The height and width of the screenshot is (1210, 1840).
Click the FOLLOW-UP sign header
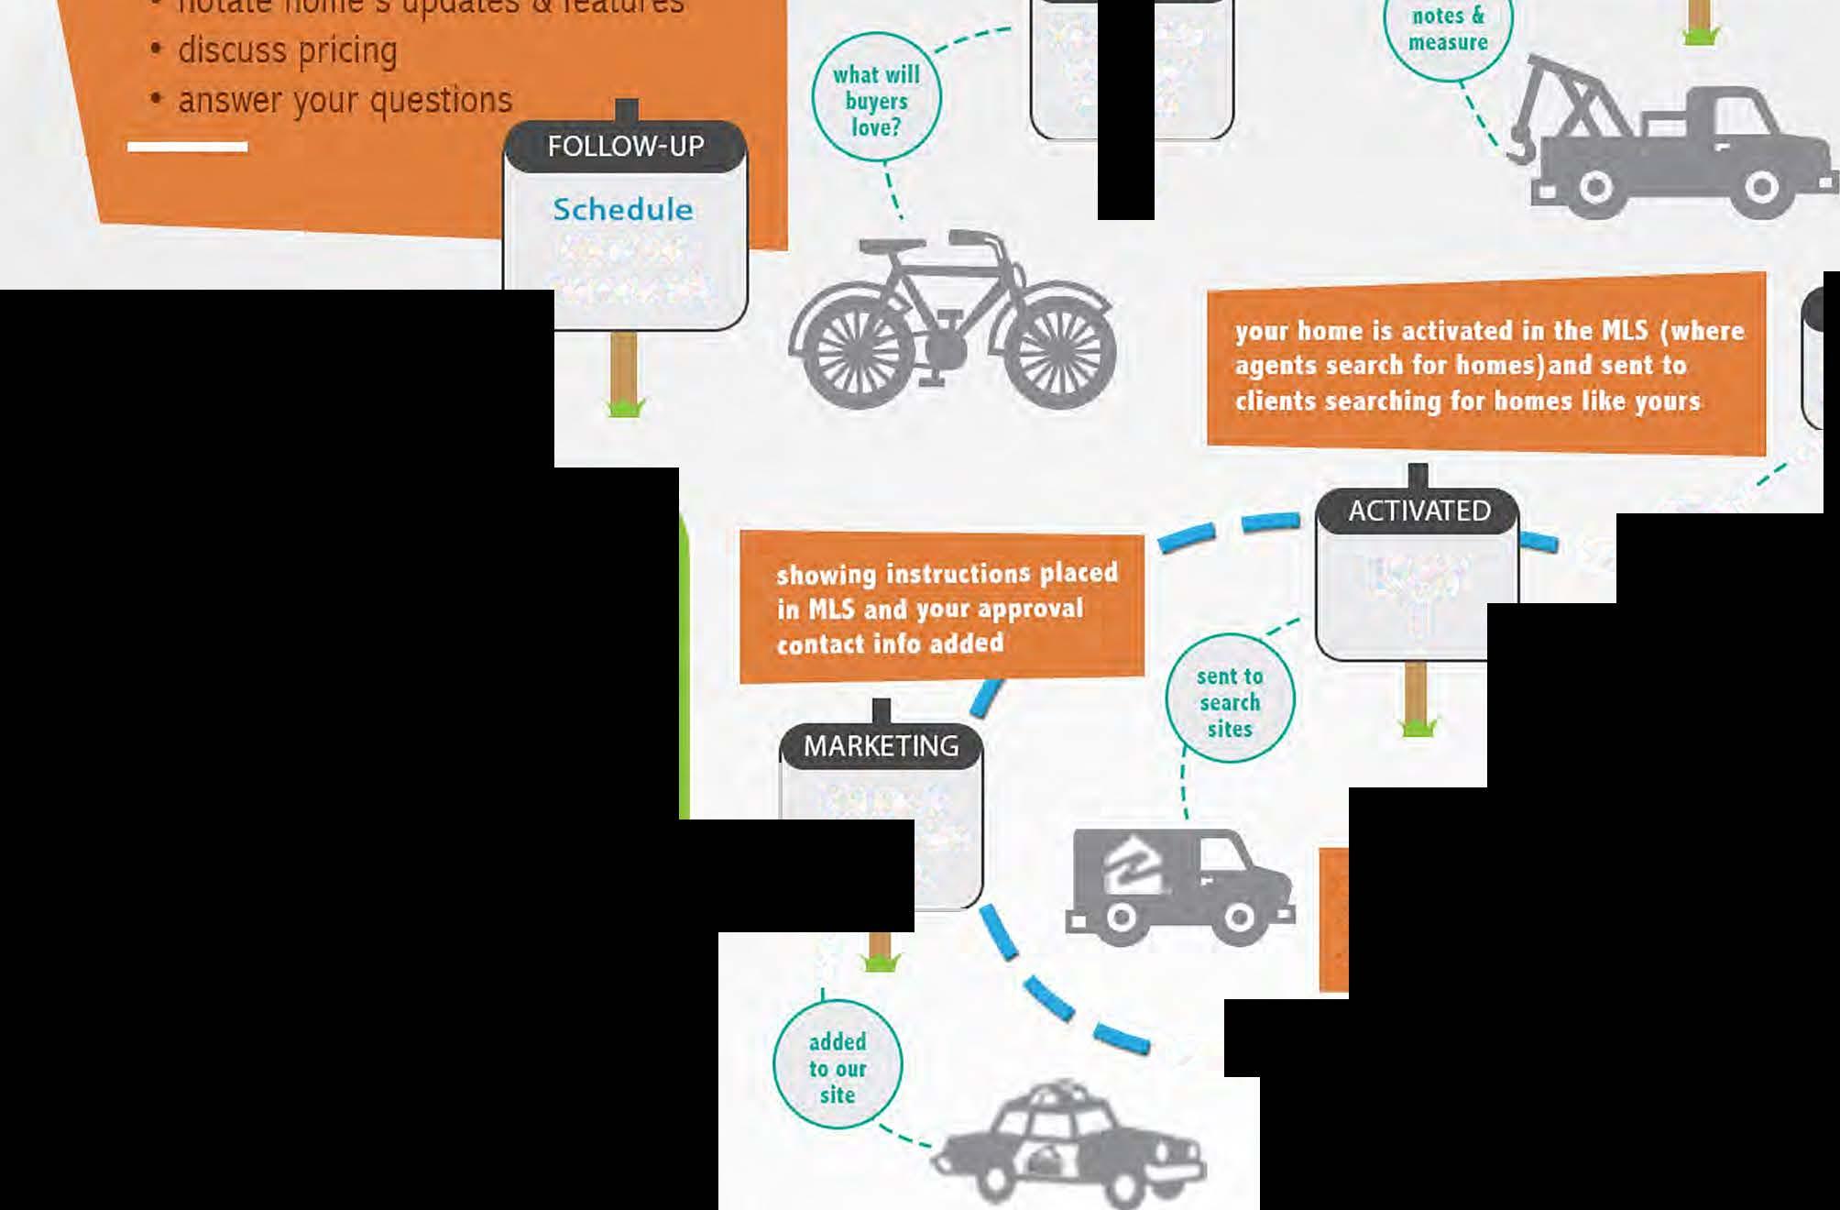[x=626, y=146]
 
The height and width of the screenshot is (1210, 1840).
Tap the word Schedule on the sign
[x=623, y=210]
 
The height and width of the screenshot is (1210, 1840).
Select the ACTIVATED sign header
[x=1418, y=511]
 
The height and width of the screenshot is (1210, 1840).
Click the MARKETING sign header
[x=881, y=746]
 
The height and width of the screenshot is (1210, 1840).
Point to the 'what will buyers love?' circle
[x=876, y=99]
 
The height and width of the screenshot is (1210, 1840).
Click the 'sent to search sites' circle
[x=1230, y=701]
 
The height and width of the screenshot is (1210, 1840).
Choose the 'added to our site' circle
[x=838, y=1068]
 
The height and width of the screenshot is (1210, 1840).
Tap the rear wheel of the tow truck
[x=1595, y=188]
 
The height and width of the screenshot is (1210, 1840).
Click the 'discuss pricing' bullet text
[x=287, y=50]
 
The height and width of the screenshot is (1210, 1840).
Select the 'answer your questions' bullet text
[x=345, y=100]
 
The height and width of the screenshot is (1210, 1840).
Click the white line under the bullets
[x=187, y=147]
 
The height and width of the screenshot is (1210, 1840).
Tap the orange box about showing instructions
[x=942, y=608]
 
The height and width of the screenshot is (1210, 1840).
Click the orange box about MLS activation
[x=1486, y=365]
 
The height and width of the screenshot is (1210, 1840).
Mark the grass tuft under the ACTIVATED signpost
[x=1418, y=729]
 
